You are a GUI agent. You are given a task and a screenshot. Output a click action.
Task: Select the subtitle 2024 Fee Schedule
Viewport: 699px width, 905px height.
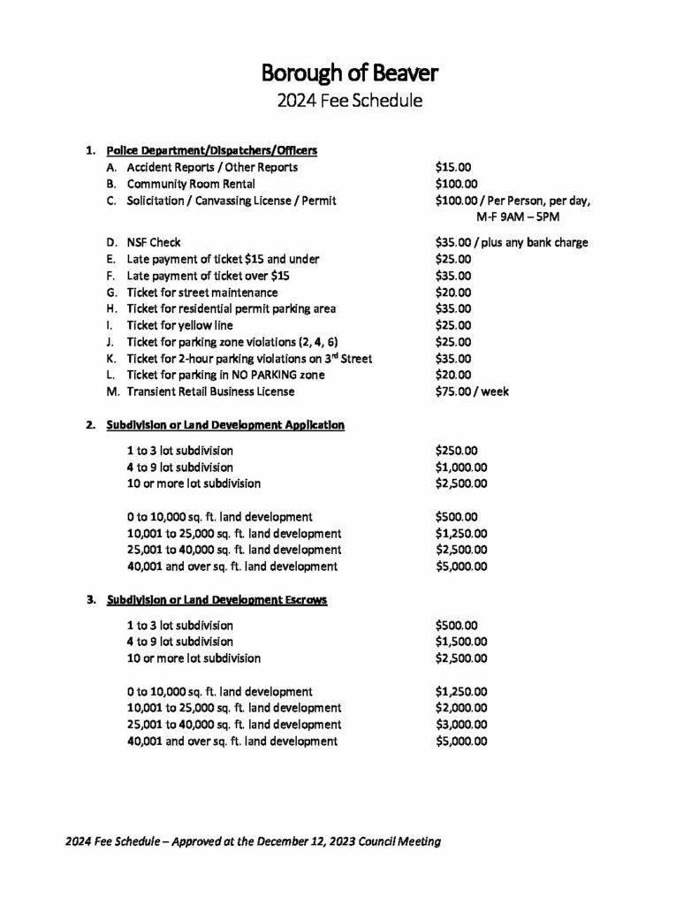point(349,100)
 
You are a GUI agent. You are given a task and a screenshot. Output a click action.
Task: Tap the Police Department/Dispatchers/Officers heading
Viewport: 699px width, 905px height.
point(211,150)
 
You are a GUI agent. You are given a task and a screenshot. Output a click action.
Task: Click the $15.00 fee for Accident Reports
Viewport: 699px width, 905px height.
point(454,167)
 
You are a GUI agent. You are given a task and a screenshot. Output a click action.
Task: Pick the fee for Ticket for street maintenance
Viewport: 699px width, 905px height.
point(454,293)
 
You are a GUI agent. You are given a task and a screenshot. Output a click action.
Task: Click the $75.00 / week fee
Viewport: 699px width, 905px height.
point(472,392)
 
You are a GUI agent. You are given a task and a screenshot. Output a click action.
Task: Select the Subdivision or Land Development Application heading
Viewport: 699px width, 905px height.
point(225,425)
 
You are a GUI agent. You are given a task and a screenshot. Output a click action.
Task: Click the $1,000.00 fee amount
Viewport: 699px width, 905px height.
point(462,467)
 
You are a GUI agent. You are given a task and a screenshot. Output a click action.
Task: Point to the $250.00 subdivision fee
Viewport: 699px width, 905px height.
point(457,450)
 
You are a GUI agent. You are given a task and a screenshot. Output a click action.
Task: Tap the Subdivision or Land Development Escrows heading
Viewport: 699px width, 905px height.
point(217,600)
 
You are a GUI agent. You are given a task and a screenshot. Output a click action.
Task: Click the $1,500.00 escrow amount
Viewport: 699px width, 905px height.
point(462,642)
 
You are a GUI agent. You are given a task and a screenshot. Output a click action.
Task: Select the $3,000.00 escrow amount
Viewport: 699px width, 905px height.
point(462,725)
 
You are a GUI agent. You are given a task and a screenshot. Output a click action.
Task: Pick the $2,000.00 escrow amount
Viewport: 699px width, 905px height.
point(462,708)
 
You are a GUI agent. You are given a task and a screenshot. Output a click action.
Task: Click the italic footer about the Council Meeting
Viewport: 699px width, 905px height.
point(253,841)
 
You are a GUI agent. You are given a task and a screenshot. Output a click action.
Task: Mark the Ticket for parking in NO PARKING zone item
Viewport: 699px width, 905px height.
point(225,375)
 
